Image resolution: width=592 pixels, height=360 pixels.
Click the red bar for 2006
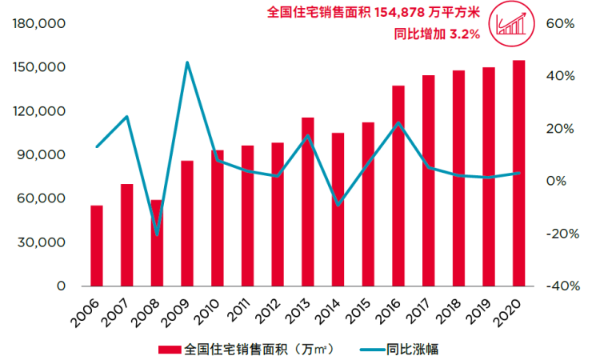97,246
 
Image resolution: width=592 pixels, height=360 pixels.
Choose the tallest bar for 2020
518,173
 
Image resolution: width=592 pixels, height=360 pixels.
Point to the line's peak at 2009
187,62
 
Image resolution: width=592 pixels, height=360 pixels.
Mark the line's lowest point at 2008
157,235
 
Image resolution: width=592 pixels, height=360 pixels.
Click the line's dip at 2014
338,205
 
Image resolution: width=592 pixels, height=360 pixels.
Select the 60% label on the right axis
560,24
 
